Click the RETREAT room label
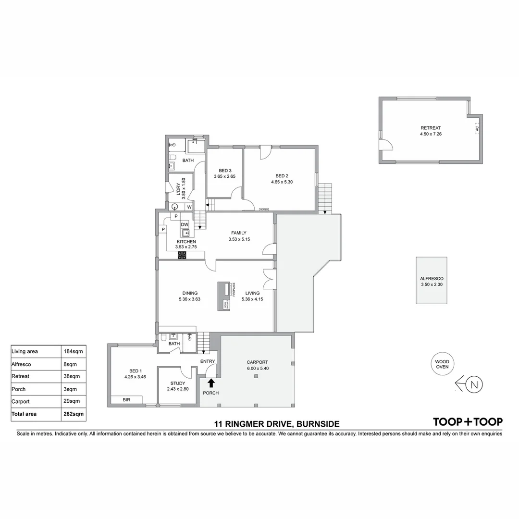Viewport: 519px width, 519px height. coord(430,128)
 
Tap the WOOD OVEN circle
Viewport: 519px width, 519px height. coord(442,364)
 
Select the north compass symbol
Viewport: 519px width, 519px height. coord(474,384)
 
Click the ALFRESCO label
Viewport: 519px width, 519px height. coord(431,279)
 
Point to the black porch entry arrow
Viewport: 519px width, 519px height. coord(211,383)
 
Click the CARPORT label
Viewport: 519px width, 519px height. coord(257,362)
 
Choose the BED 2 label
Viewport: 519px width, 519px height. coord(282,175)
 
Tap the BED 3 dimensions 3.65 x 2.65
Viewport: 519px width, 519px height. coord(224,176)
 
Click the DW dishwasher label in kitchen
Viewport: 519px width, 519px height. coord(185,224)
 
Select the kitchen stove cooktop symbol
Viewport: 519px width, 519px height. coord(182,255)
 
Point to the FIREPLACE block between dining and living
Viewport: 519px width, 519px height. coord(224,296)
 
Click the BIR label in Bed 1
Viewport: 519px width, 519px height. coord(126,399)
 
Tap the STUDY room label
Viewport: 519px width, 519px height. coord(177,383)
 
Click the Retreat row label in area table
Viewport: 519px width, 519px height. coord(20,376)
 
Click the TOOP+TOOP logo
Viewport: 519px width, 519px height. coord(468,422)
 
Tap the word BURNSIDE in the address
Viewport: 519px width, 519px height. coord(318,424)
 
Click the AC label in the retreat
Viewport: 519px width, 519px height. coord(477,128)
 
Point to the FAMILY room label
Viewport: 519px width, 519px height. coord(239,233)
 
